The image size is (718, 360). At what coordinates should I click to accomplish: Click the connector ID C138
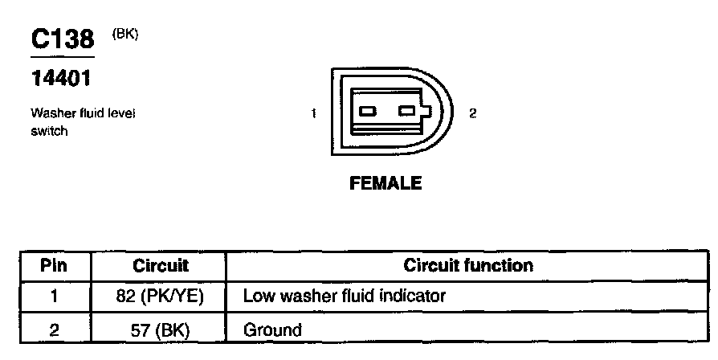[x=62, y=39]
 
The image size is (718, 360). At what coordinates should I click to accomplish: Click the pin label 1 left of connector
[x=312, y=113]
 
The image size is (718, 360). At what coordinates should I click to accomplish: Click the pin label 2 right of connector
[x=473, y=113]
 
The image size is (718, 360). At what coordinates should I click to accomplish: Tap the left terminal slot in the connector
[x=368, y=111]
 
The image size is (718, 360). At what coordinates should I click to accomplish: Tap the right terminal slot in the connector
[x=409, y=111]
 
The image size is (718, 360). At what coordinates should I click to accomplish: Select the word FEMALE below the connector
[x=386, y=183]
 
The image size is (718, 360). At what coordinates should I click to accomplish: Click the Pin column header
[x=54, y=265]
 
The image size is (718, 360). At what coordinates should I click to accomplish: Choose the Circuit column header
[x=160, y=265]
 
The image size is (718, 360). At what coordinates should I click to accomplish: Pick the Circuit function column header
[x=467, y=265]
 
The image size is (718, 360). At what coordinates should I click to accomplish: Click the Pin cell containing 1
[x=54, y=297]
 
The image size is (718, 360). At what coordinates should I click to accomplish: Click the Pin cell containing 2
[x=54, y=329]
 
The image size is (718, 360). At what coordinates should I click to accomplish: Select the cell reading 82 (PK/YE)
[x=160, y=297]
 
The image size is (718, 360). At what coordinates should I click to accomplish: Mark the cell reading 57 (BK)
[x=160, y=329]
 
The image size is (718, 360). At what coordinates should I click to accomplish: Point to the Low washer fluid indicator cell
[x=344, y=297]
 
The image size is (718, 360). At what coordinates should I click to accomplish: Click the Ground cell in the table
[x=272, y=329]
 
